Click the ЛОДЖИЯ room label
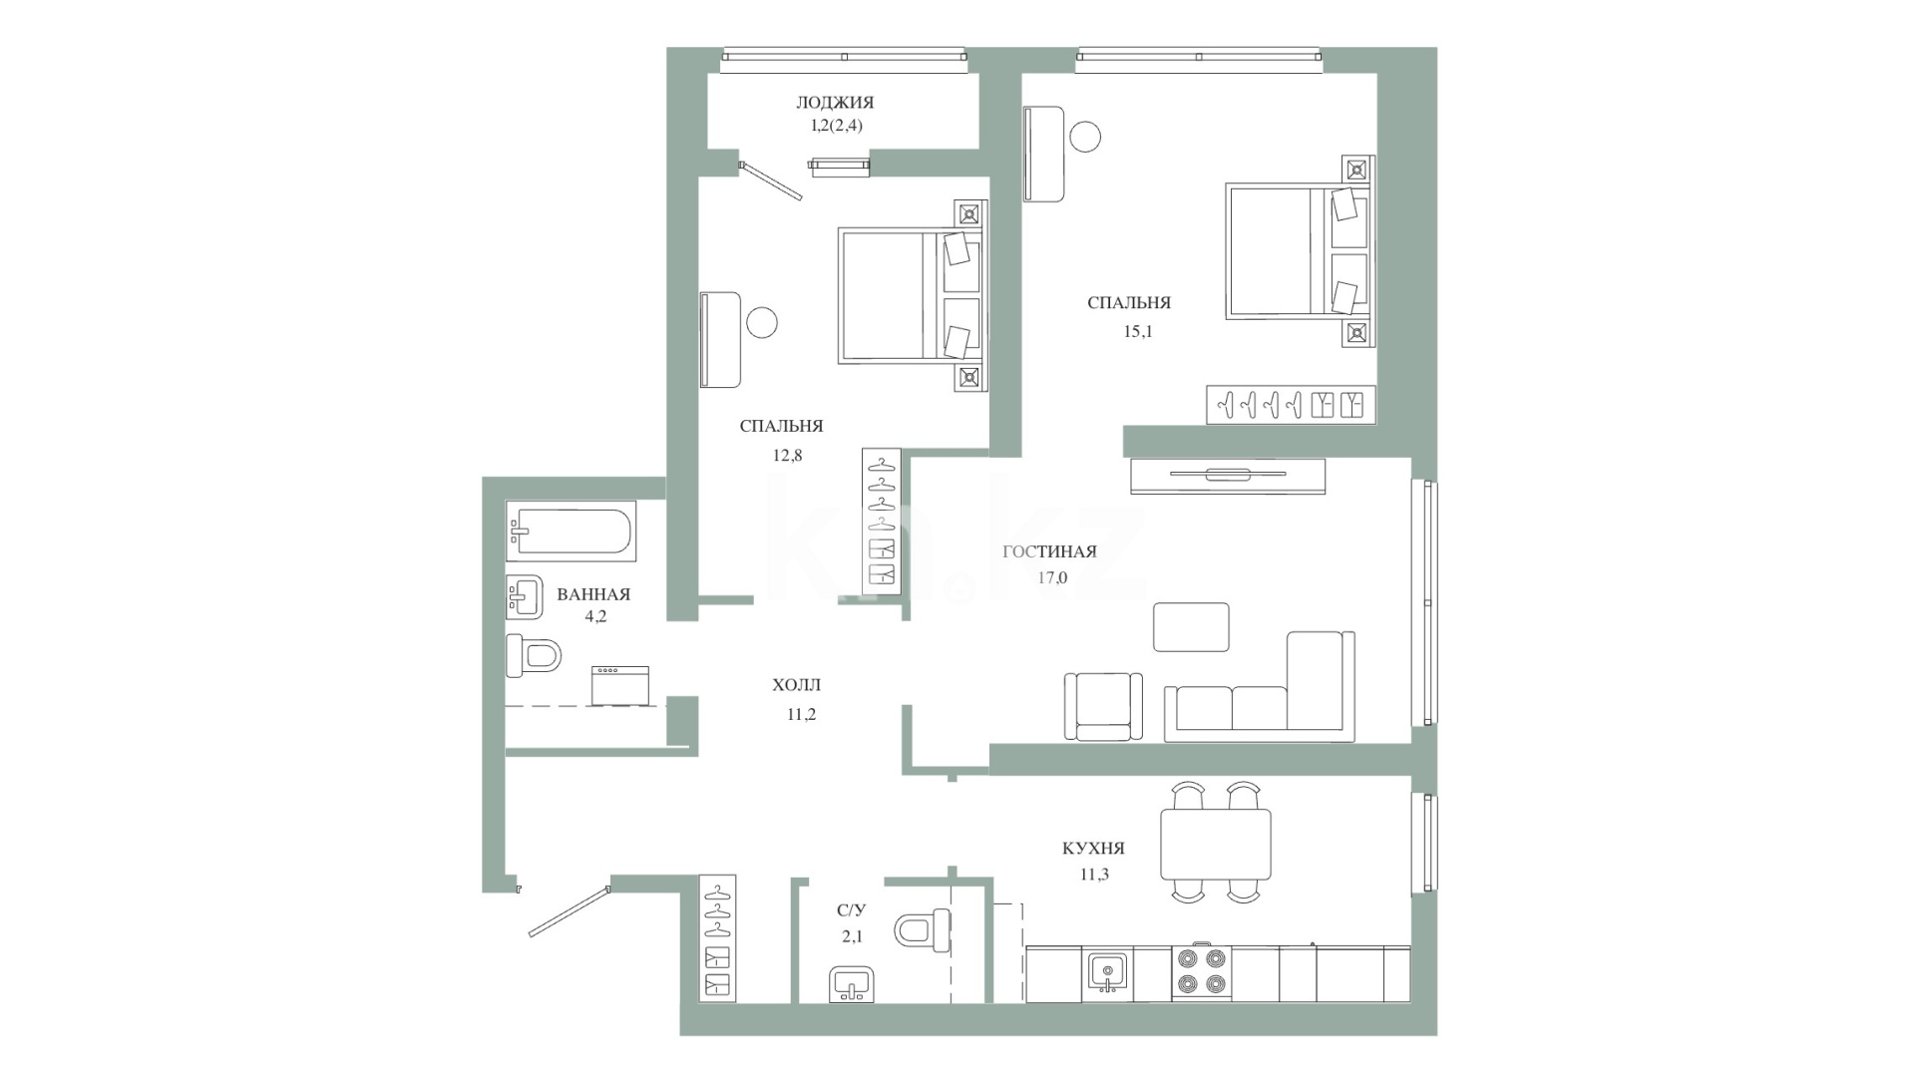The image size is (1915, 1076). [x=835, y=102]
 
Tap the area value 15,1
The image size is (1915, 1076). [x=1138, y=332]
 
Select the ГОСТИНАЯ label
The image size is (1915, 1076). [x=1049, y=551]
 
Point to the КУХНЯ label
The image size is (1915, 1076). [x=1093, y=849]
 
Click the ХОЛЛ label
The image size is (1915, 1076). [x=797, y=685]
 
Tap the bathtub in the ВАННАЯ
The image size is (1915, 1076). [x=572, y=531]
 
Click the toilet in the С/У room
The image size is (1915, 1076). [x=923, y=929]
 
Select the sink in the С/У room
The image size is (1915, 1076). [x=851, y=983]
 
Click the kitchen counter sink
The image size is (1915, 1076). [x=1107, y=972]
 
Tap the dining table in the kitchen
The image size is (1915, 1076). [x=1215, y=844]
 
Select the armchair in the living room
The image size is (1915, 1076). [x=1103, y=706]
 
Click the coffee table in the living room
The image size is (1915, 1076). [x=1191, y=626]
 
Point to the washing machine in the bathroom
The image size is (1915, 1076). [x=619, y=686]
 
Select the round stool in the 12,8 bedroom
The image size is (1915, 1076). [x=761, y=322]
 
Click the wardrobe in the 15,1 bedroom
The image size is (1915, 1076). [x=1291, y=404]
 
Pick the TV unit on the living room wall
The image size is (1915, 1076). [x=1228, y=476]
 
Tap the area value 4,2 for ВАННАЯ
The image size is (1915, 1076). [x=595, y=616]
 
